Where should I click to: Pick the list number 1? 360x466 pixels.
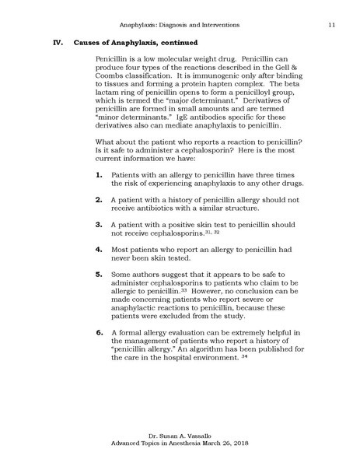99,174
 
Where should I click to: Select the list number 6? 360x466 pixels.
99,332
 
